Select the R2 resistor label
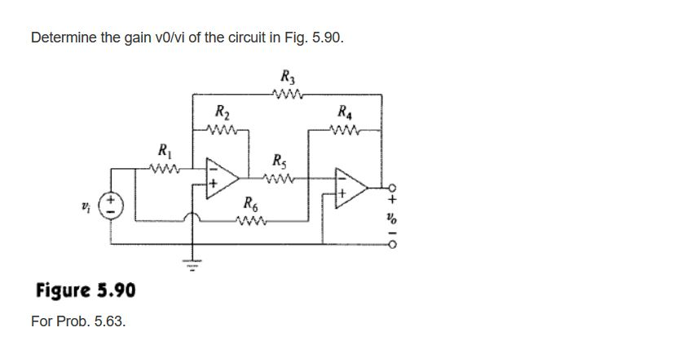(220, 112)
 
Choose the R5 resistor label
(280, 159)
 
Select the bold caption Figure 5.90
(86, 291)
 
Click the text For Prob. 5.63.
(78, 321)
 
